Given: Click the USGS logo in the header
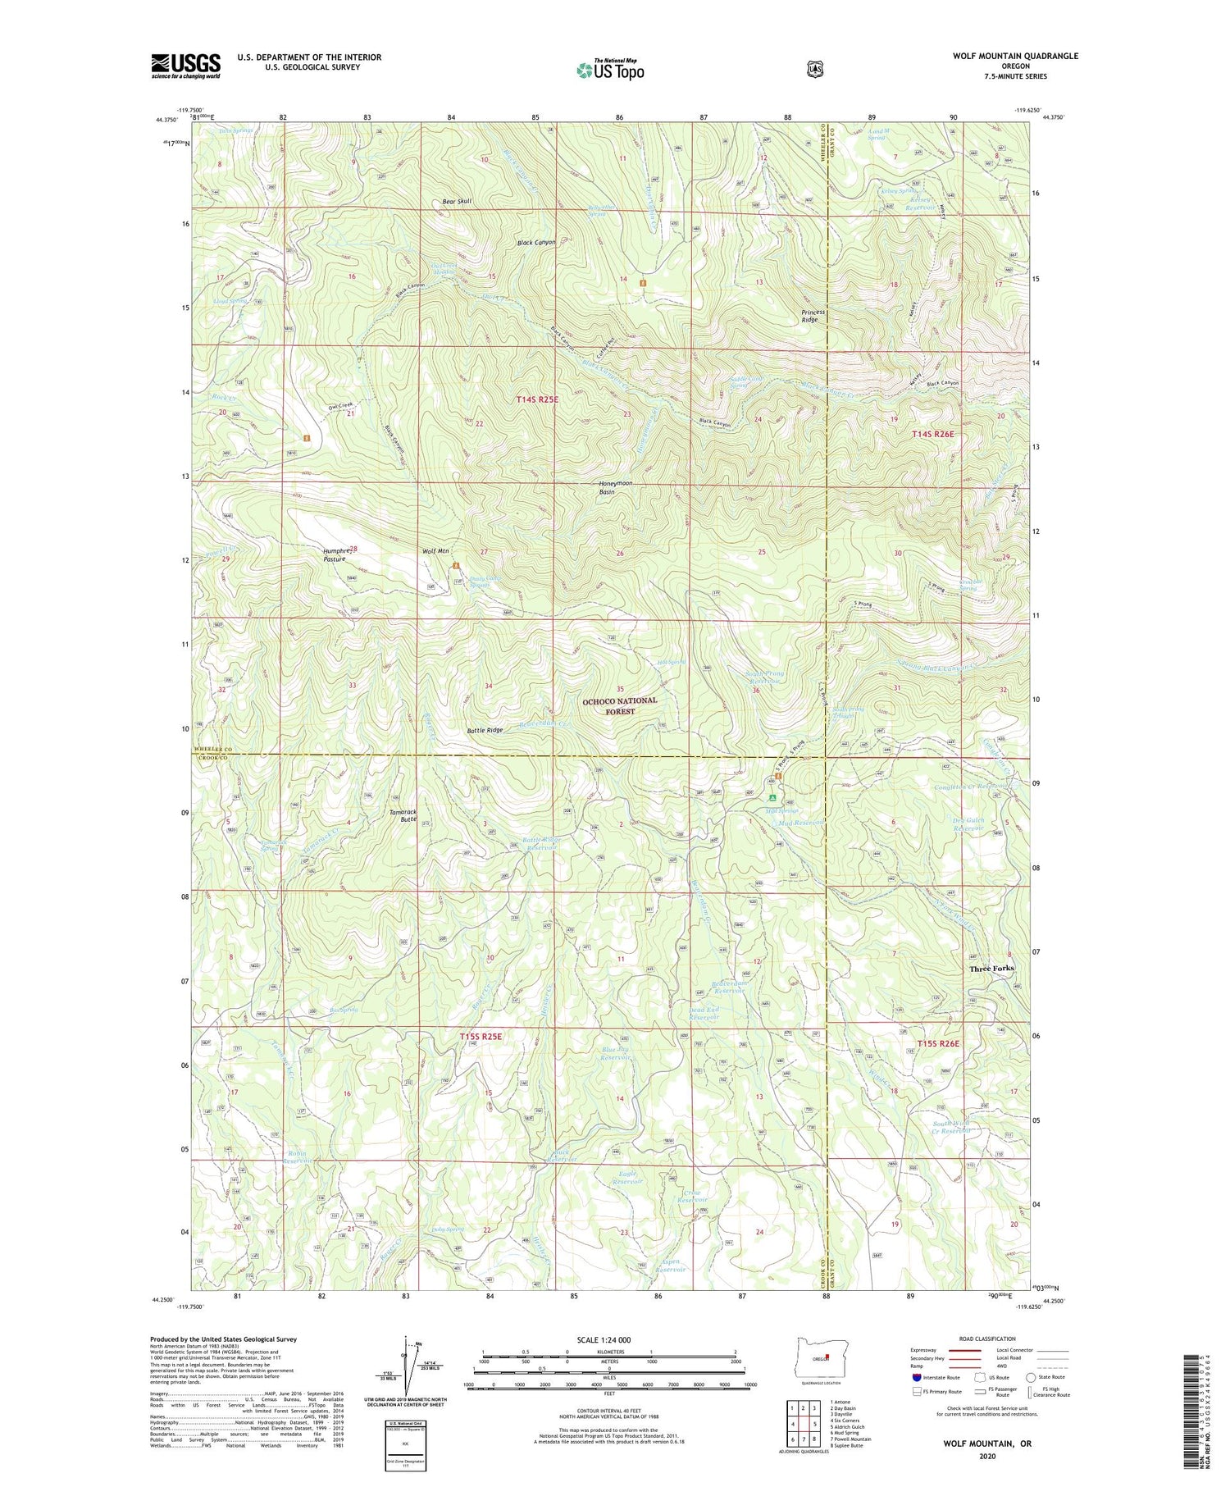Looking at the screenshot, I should pos(185,66).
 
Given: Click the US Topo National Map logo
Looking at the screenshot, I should pos(610,70).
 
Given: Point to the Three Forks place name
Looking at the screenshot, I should pos(991,969).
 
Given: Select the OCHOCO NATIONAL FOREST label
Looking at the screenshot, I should pos(619,706).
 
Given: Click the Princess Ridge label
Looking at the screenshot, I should pos(813,316).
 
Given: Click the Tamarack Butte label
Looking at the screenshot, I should pos(402,814).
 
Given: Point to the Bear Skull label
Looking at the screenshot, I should pos(457,201).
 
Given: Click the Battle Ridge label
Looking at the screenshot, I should pos(485,729).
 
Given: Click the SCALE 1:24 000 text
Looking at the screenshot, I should pos(608,1340).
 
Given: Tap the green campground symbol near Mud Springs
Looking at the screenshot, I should pos(772,796).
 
